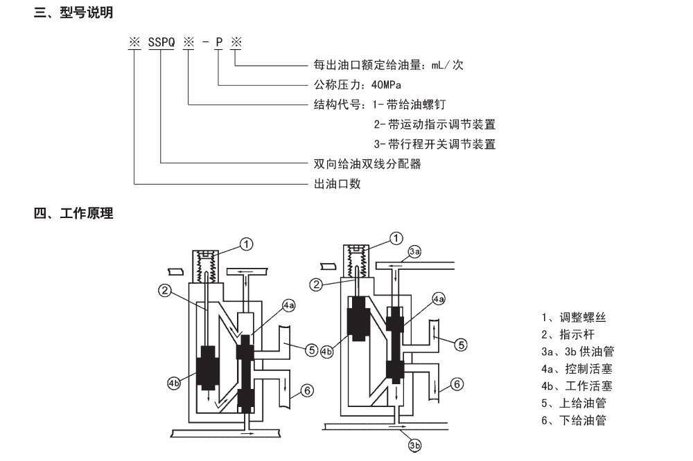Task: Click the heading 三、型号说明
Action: [73, 13]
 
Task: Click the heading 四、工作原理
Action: [73, 214]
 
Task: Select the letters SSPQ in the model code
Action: [161, 43]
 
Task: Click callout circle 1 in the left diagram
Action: [247, 243]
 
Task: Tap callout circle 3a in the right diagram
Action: [414, 253]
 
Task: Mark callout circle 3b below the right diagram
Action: [414, 446]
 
